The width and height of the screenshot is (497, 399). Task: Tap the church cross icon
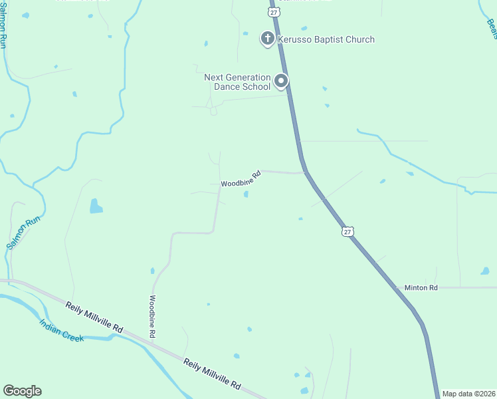tap(267, 39)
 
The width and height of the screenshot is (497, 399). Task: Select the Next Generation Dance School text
tap(237, 82)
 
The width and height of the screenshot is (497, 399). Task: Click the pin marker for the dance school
tap(281, 82)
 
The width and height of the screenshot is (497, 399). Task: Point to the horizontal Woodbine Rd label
tap(239, 181)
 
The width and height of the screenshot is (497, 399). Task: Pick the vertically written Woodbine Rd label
tap(153, 316)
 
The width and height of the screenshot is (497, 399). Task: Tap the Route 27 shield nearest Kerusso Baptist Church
tap(274, 12)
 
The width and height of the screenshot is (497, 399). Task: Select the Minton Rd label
tap(421, 288)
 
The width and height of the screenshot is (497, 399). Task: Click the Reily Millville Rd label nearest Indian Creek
tap(94, 318)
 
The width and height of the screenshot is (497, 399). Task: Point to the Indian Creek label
tap(61, 331)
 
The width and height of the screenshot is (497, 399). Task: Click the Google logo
tap(22, 391)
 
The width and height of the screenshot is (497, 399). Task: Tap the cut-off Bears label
tap(492, 28)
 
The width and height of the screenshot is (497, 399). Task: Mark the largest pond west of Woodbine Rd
tap(96, 206)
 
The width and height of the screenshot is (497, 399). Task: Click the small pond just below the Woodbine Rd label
tap(247, 194)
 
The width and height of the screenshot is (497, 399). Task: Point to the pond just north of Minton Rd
tap(484, 271)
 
